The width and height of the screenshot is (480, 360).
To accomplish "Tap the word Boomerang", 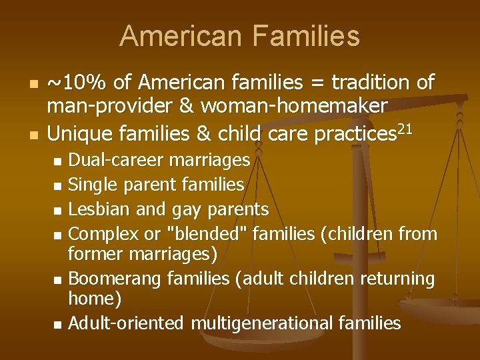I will pos(117,279).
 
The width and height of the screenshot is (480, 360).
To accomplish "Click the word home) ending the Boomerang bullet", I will pos(95,299).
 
